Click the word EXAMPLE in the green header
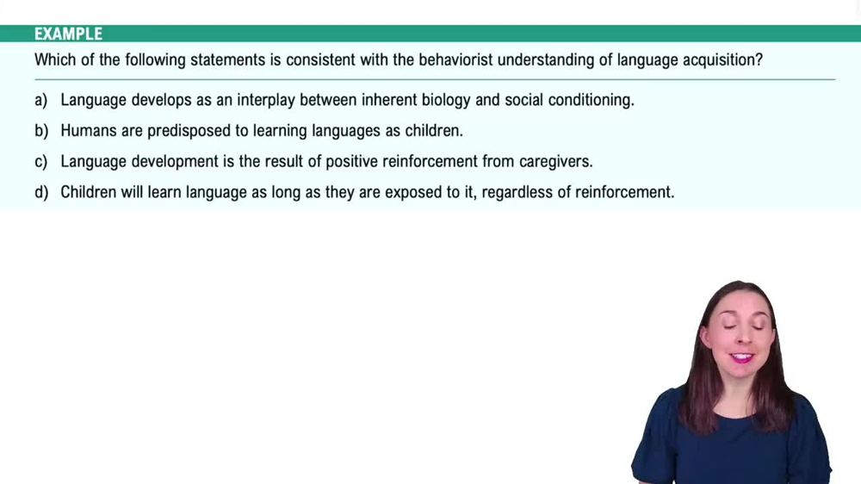click(x=68, y=34)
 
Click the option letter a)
click(x=40, y=100)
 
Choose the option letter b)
click(x=40, y=131)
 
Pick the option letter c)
click(x=40, y=161)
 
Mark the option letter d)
click(x=40, y=192)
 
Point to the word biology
click(x=440, y=100)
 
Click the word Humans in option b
click(x=88, y=131)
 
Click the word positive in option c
click(x=352, y=161)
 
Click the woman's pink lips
click(x=740, y=356)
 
